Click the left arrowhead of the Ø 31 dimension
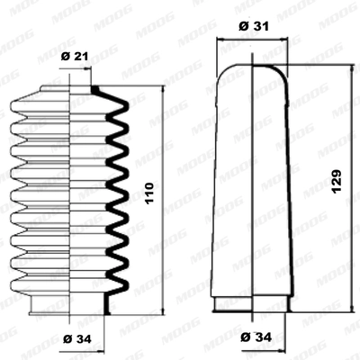pyautogui.click(x=220, y=40)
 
